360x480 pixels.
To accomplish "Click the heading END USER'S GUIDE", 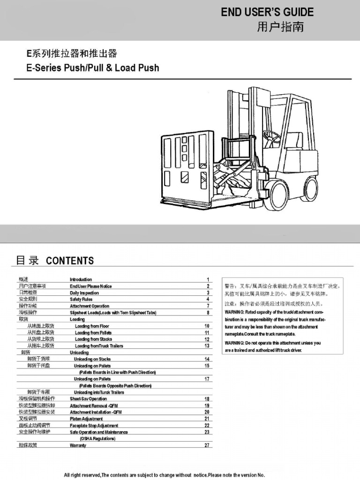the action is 267,12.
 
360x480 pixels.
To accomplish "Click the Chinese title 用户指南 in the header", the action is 280,27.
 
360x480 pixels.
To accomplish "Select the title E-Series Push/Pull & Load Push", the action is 92,68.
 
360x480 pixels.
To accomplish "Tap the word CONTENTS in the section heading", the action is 70,261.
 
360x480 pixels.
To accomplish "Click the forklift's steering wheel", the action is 271,136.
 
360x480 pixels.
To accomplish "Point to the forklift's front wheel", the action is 276,195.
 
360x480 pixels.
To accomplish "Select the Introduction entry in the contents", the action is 81,279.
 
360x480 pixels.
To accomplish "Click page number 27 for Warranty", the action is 207,445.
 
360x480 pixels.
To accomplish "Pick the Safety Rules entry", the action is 81,299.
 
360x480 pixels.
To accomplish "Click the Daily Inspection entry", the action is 84,292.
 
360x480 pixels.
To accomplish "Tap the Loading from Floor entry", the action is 92,326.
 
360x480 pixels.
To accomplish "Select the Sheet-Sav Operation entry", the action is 88,399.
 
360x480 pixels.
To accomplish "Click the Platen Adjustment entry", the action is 86,419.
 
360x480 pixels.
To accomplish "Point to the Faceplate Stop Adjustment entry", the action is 94,426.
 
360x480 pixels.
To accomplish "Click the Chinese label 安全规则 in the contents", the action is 28,299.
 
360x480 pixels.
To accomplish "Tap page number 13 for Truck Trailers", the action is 207,346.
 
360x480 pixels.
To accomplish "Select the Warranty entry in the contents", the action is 78,445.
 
